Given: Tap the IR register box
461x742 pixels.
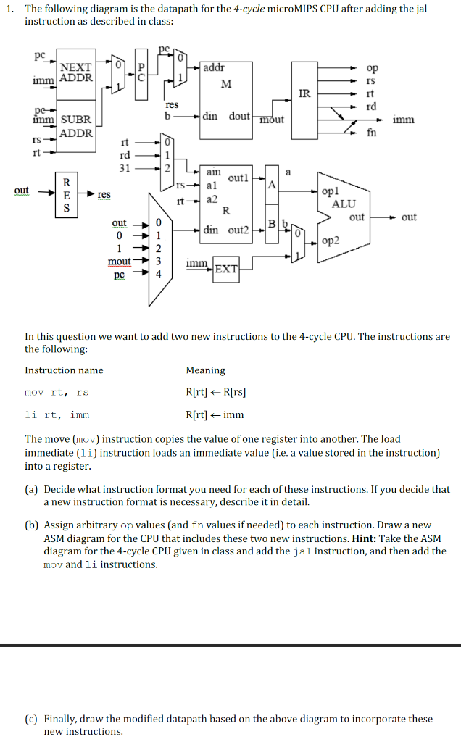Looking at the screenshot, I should pos(304,93).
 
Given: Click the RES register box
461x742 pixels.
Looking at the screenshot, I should pos(67,195).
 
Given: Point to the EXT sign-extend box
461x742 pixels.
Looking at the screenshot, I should pos(226,270).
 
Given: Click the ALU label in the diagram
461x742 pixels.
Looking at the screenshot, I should pos(343,204).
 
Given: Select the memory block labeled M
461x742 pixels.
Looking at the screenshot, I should pos(226,84).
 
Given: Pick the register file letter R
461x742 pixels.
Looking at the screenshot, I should pos(225,212).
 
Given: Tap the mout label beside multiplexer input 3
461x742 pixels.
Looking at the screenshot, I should pos(119,261).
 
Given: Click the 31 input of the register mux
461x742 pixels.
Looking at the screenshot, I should pos(124,167).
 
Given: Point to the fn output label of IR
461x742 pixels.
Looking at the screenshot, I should pos(371,132).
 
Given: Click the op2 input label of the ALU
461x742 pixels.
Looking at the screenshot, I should pos(330,239).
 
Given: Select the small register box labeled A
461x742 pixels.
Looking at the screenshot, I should pos(270,184).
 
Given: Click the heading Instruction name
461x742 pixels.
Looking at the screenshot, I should pos(64,370).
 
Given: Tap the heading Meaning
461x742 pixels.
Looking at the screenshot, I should pos(205,370).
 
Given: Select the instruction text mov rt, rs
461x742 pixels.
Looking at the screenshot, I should pos(57,393).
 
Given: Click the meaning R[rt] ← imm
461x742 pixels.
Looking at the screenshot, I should pos(215,415).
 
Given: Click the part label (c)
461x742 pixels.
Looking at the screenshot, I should pos(32,719).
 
